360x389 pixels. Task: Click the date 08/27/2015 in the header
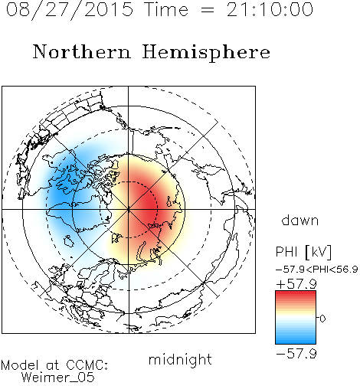click(x=70, y=10)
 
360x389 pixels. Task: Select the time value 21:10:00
click(x=270, y=9)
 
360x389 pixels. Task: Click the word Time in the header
click(x=166, y=9)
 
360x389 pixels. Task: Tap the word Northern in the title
click(x=82, y=51)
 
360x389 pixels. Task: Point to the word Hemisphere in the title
click(x=206, y=53)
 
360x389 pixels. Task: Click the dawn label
click(x=300, y=220)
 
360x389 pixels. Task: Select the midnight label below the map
click(x=180, y=359)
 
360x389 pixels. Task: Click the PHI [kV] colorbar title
click(x=303, y=252)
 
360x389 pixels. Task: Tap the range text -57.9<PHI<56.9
click(x=317, y=270)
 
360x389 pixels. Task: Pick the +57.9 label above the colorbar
click(x=296, y=284)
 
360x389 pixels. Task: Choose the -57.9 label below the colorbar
click(x=296, y=354)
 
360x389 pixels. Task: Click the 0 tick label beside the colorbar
click(x=322, y=319)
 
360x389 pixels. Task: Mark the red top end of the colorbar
click(x=296, y=293)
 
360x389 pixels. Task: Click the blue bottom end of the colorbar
click(x=296, y=342)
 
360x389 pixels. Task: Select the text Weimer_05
click(x=58, y=378)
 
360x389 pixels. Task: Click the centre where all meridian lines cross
click(x=129, y=209)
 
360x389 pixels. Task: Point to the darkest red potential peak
click(x=151, y=205)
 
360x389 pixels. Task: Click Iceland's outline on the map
click(x=68, y=241)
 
